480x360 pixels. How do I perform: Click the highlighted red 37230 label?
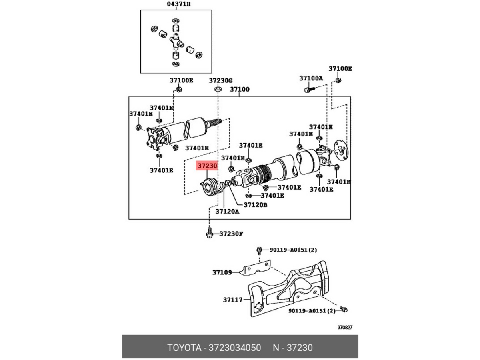[207, 166]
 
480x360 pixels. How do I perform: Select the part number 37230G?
[220, 80]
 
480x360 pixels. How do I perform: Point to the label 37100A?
[311, 78]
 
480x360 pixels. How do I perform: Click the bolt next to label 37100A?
[308, 90]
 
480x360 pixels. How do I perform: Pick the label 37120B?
[255, 205]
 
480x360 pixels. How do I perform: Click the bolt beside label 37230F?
[209, 233]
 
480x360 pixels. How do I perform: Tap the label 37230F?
[231, 234]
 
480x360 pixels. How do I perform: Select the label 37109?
[222, 272]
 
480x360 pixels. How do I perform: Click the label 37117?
[233, 299]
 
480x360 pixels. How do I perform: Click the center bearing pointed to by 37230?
[210, 187]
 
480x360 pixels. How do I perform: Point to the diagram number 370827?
[344, 327]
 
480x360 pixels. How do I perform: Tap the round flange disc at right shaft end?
[341, 149]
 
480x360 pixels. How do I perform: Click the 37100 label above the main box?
[239, 90]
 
